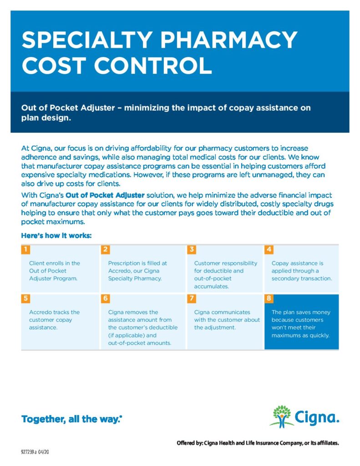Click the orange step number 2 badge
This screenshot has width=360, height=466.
pos(105,249)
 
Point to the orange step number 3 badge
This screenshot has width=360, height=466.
pos(192,249)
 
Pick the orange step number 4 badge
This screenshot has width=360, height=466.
pos(269,249)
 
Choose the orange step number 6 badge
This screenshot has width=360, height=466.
pos(105,299)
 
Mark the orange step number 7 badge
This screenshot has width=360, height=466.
pos(192,299)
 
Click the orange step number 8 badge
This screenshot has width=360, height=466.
pos(269,299)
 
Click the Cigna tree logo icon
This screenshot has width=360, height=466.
pos(282,416)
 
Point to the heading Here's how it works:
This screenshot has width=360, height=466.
pos(56,236)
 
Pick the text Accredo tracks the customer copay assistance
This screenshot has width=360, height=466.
pos(54,319)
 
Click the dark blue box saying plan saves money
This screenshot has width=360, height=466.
pos(301,324)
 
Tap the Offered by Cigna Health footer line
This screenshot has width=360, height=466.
pos(258,443)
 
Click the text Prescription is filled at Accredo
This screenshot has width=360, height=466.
pos(137,270)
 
